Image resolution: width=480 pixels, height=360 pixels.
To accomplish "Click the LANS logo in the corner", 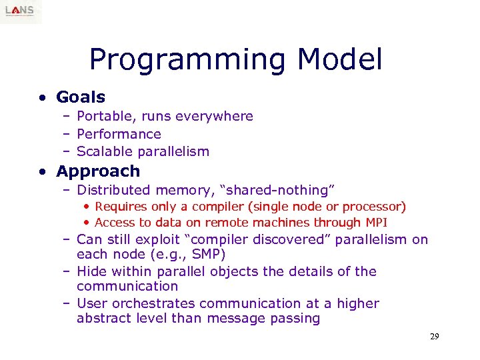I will pos(21,11).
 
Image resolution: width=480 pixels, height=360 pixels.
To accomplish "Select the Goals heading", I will pos(81,97).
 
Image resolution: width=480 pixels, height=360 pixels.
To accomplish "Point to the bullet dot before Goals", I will pos(42,98).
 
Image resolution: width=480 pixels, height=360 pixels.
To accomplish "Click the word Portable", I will pos(105,117).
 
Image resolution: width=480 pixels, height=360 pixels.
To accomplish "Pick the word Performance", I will pos(119,134).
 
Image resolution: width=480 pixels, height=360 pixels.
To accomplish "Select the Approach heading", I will pos(98,171).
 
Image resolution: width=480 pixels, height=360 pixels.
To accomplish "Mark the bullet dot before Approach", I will pos(42,172).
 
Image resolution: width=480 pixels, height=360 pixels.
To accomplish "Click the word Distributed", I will pos(114,191).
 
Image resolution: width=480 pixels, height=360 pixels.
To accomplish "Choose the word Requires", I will pos(122,207).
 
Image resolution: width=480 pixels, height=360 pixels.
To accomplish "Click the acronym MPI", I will pos(376,223).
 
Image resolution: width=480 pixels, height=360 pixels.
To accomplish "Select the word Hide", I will pos(91,271).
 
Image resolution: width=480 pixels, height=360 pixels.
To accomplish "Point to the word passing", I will pos(296,319).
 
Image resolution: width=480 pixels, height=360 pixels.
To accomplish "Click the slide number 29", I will pos(434,337).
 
